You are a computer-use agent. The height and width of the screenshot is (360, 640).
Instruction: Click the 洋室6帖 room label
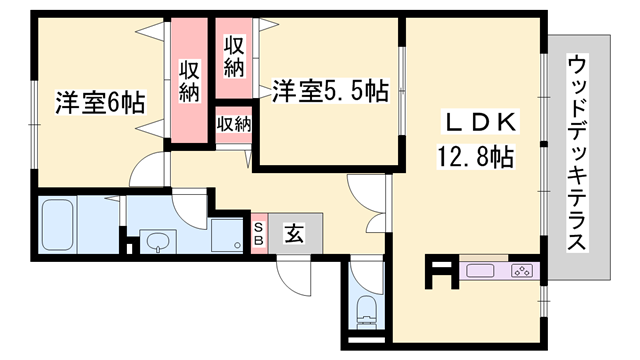coord(100,103)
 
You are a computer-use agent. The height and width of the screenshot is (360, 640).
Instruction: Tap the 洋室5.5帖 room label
coord(330,91)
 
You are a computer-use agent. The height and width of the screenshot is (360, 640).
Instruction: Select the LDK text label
coord(480,122)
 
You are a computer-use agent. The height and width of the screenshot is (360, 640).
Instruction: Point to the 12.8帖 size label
coord(476,156)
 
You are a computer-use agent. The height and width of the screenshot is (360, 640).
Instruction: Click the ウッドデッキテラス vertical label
coord(577,153)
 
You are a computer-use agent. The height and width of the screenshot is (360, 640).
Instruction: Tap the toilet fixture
coord(367,311)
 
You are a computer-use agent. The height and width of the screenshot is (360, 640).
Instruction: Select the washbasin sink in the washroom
coord(158,241)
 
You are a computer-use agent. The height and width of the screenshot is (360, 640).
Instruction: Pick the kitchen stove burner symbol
coord(522,271)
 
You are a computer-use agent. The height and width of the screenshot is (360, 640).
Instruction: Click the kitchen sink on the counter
coord(480,271)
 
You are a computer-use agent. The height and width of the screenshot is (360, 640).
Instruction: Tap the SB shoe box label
coord(259,234)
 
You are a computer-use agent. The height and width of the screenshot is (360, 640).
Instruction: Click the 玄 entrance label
coord(294,233)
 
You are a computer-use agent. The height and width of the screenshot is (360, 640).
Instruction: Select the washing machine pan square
coord(227,235)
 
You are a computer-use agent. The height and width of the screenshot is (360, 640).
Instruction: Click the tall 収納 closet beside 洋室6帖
coord(189,80)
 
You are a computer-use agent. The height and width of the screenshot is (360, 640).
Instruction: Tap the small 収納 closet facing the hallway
coord(233,124)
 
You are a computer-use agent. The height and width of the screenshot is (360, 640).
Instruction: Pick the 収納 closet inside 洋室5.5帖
coord(233,58)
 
